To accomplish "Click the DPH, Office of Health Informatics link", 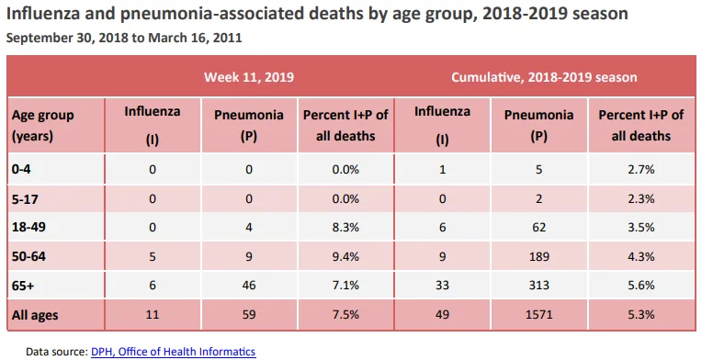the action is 174,352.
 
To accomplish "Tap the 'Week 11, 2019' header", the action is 249,77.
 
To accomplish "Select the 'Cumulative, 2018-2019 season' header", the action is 544,77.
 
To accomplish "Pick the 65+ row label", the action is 23,286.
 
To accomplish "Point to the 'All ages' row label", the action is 35,315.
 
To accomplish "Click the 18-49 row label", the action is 28,227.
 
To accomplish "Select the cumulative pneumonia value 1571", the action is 538,314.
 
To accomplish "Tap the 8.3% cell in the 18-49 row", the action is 345,227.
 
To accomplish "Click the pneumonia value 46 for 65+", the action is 249,285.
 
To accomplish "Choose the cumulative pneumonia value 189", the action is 538,256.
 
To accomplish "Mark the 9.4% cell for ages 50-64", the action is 345,256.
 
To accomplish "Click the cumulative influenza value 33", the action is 442,285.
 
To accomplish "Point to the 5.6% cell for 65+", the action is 641,285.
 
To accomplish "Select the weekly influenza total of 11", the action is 153,314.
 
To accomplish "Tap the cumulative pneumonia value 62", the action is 538,227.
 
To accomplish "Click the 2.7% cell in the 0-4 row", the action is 641,170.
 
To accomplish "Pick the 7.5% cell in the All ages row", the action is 345,314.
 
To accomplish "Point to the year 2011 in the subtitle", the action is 227,38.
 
